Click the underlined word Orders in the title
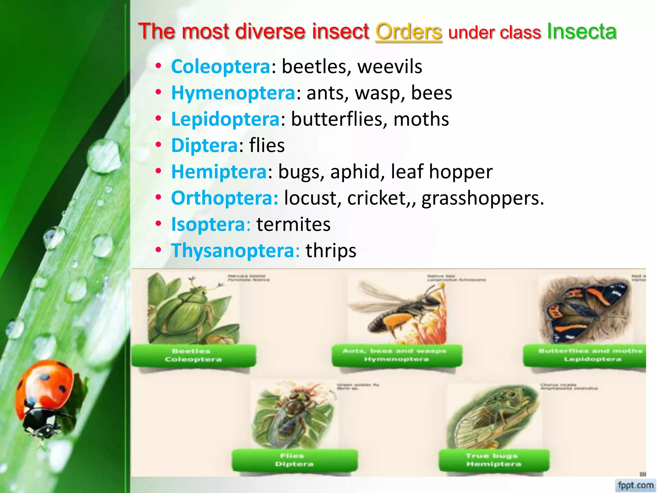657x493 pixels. pos(408,32)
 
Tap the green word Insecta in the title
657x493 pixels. pos(581,31)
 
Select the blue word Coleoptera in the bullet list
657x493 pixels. pos(221,67)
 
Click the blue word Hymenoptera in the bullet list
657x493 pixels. pos(233,93)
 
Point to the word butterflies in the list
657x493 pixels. pos(337,119)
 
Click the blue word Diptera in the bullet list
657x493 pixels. pos(204,145)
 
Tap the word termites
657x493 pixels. pos(293,224)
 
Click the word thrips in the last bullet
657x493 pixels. pos(330,251)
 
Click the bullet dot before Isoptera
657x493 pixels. pos(158,223)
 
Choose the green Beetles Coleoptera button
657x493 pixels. pos(193,355)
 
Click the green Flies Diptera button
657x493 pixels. pos(294,460)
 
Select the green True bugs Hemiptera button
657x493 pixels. pos(493,460)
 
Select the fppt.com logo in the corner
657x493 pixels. pos(636,485)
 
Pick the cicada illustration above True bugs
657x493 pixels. pos(492,417)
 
